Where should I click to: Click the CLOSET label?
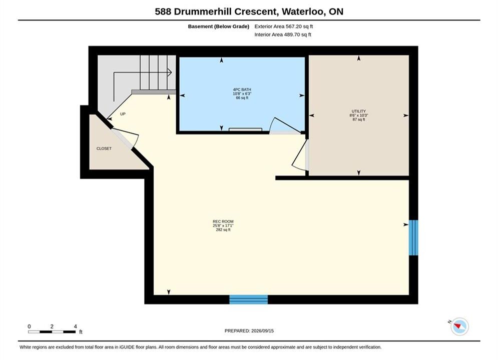coord(104,148)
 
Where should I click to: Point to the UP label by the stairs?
coord(123,114)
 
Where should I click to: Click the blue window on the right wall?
coord(413,237)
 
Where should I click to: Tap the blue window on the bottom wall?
coord(248,299)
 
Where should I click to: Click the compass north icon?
coord(459,326)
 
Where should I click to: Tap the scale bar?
coord(52,332)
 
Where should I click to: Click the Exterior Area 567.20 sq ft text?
coord(284,26)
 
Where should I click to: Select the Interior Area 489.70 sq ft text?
coord(283,34)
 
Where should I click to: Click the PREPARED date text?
coord(249,331)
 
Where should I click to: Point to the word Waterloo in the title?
coord(303,11)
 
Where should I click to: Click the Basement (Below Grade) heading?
coord(219,26)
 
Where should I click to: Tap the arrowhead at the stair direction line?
coord(170,72)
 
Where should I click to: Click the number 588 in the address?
coord(163,11)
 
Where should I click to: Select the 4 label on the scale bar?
coord(75,326)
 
